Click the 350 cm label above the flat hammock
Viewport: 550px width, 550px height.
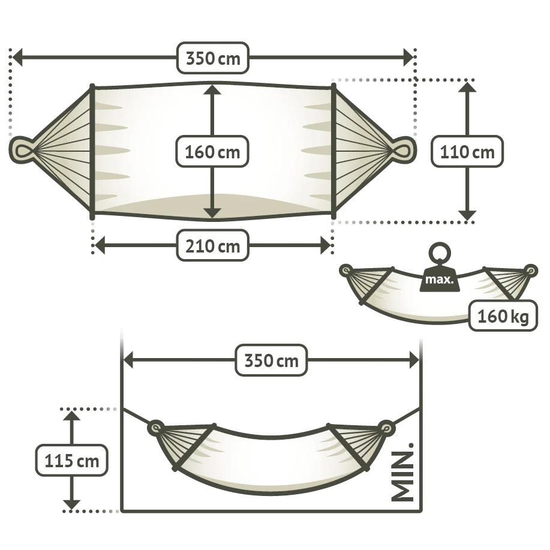click(213, 58)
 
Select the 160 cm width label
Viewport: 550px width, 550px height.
click(212, 152)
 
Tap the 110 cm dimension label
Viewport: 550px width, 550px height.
click(467, 152)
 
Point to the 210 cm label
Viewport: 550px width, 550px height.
click(212, 245)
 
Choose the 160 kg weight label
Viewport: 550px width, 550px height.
click(503, 316)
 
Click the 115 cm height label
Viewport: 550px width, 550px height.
click(72, 461)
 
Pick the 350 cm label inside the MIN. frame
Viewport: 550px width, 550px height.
click(271, 360)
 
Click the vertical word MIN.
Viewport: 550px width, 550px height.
click(402, 472)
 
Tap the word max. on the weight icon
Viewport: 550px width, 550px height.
click(439, 279)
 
